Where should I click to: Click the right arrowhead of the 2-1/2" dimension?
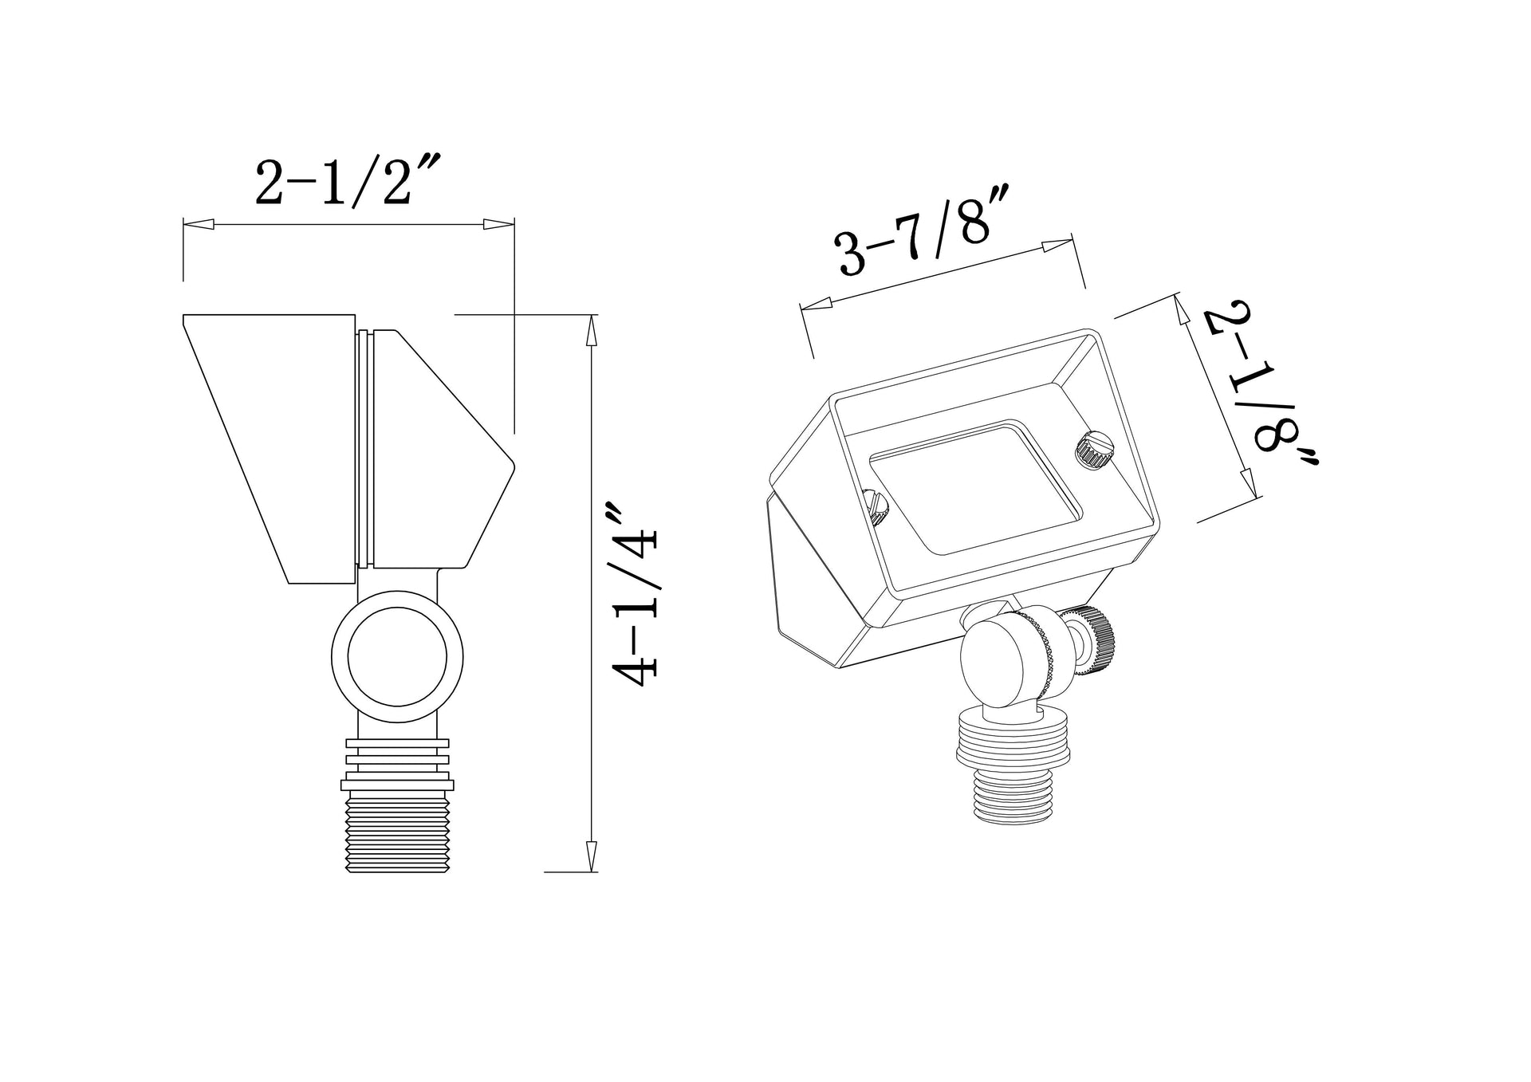tap(498, 226)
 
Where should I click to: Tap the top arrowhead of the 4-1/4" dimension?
tap(590, 330)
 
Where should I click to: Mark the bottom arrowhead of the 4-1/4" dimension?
tap(590, 855)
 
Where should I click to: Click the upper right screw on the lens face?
tap(1088, 451)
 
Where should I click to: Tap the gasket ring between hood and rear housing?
tap(364, 448)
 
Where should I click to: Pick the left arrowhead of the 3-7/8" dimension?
tap(817, 304)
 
